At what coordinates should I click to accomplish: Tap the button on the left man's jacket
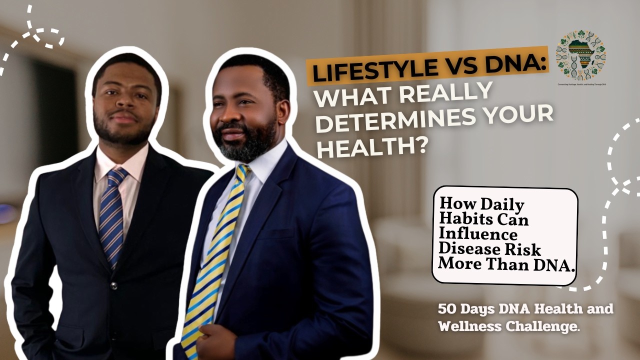[114, 285]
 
